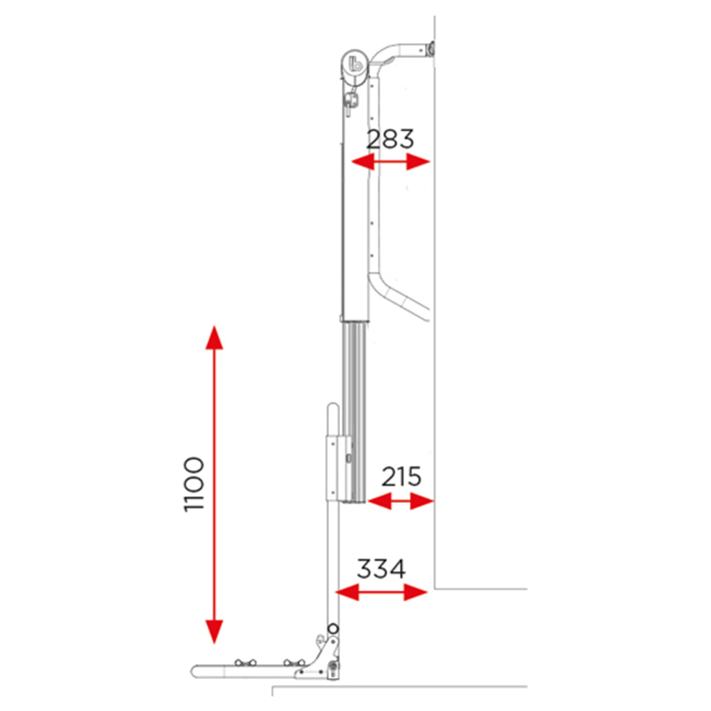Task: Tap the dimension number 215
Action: tap(401, 476)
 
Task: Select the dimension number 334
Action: tap(381, 569)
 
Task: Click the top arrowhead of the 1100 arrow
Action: tap(214, 338)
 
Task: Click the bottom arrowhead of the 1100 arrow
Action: tap(214, 631)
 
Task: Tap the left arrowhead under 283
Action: tap(363, 161)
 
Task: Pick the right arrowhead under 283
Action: tap(418, 161)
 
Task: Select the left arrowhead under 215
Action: tap(379, 501)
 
